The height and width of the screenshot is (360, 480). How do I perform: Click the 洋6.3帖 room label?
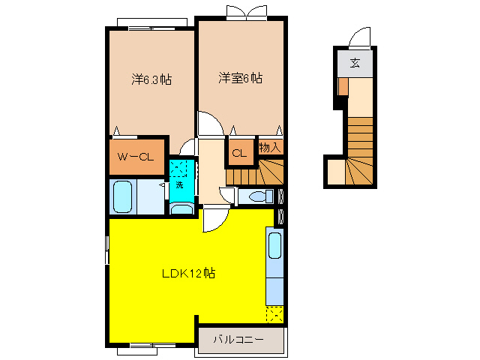coord(152,78)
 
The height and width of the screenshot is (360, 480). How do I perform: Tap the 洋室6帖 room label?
coord(240,77)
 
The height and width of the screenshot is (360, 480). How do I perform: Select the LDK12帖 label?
coord(189,274)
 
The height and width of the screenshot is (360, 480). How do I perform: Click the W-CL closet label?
coord(136,157)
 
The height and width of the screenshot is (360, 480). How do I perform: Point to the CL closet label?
coord(239,154)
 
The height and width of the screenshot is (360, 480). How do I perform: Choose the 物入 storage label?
coord(270,147)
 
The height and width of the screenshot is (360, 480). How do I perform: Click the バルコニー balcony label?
coord(238,339)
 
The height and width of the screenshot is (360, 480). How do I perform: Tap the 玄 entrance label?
coord(355,63)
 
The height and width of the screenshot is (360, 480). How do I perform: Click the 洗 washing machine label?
coord(179,184)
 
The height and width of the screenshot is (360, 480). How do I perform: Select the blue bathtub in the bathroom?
coord(124,197)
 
